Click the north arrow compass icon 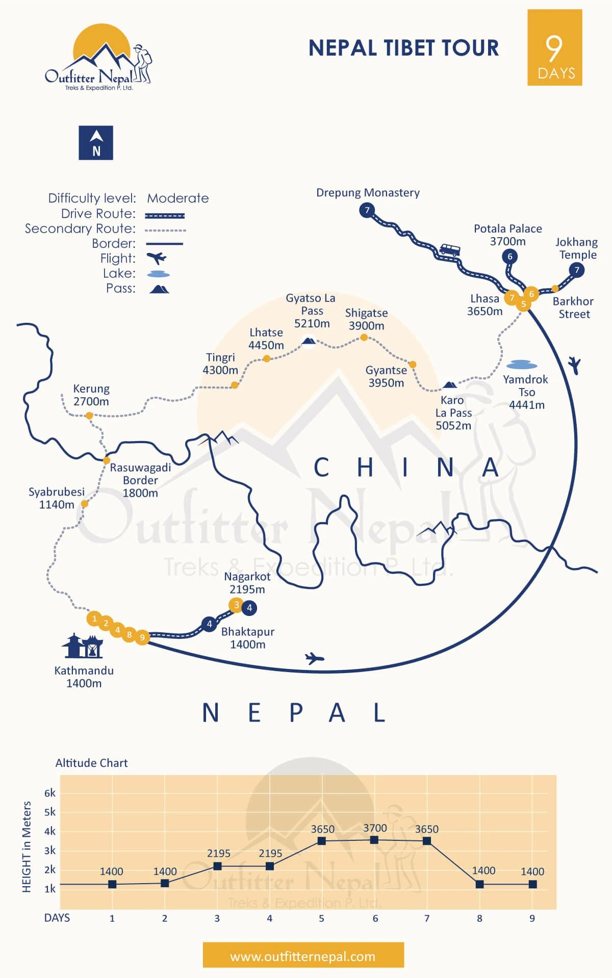pos(96,143)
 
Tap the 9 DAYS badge pos(554,47)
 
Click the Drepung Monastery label pos(368,193)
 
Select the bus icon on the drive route pos(449,250)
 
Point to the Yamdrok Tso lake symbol pos(522,365)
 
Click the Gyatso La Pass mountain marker pos(309,341)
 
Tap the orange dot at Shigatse pos(364,338)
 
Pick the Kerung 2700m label pos(91,395)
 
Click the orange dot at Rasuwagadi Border pos(107,460)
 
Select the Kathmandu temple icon pos(83,646)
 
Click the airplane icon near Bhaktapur pos(314,658)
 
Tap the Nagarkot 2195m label pos(247,583)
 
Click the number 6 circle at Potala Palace pos(509,256)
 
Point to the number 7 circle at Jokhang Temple pos(577,270)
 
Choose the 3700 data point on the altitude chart pos(374,840)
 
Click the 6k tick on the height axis pos(49,793)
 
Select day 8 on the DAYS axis pos(479,918)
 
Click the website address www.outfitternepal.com pos(303,957)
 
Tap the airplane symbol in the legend pos(157,258)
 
